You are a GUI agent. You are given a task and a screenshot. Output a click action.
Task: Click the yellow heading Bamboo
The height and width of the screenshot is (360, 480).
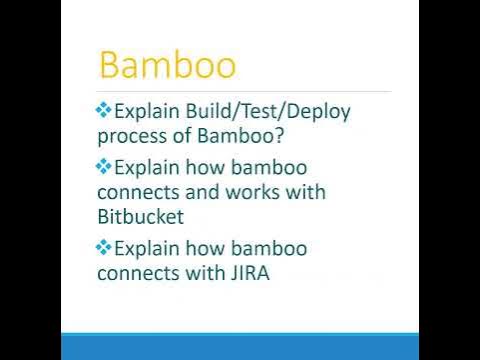[x=168, y=66]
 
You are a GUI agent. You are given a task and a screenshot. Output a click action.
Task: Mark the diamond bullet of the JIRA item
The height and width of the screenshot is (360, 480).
[x=104, y=247]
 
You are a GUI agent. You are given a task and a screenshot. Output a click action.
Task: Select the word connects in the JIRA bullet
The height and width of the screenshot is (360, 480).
[x=135, y=271]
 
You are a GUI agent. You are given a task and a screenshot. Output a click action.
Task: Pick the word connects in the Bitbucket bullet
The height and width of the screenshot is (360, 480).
[x=135, y=190]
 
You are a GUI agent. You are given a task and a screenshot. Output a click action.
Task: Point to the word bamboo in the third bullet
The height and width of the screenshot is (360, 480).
[x=271, y=247]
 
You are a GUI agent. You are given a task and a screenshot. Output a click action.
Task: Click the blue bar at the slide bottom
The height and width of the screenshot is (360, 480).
[x=240, y=346]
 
